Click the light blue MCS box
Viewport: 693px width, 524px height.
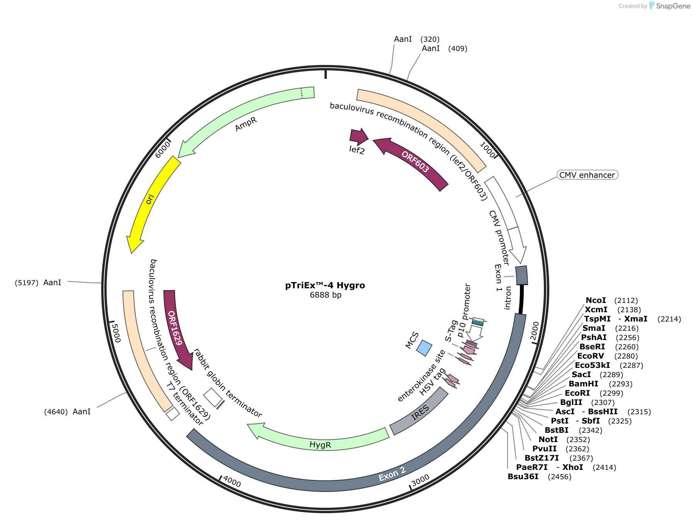[x=424, y=348]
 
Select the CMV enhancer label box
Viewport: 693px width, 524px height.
[x=587, y=175]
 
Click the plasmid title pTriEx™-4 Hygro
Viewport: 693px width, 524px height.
[x=325, y=286]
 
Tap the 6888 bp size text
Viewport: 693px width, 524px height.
[x=325, y=295]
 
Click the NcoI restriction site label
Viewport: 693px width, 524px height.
[x=596, y=301]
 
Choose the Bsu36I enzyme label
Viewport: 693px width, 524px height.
[x=523, y=477]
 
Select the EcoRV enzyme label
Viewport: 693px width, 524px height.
[x=591, y=356]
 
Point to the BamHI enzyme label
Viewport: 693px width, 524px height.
[x=583, y=384]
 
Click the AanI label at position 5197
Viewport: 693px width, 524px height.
[x=52, y=283]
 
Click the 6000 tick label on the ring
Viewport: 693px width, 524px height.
[x=162, y=150]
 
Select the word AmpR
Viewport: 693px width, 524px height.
[x=246, y=124]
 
